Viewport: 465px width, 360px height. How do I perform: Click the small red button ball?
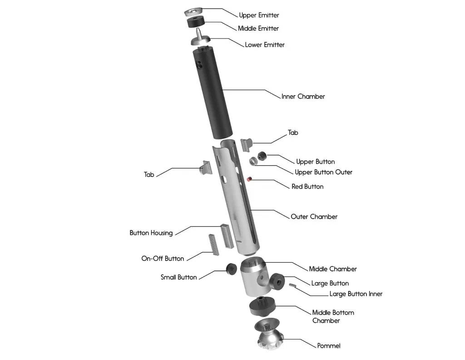(249, 180)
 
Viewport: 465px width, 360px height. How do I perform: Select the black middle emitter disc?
(195, 22)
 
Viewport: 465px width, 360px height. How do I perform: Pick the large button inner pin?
(293, 285)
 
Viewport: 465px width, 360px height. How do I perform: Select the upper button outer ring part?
(253, 161)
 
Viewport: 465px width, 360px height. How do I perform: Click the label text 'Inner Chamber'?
(303, 96)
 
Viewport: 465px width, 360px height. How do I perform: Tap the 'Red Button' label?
(307, 186)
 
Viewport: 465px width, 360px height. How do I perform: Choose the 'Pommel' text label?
(328, 346)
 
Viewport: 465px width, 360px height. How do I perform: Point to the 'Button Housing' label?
(151, 233)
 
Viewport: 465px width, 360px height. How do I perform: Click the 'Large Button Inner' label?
(356, 294)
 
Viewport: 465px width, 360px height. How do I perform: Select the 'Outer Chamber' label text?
(314, 217)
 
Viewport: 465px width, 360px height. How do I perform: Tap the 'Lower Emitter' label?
(265, 45)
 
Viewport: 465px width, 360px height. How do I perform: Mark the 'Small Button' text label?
(178, 277)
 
